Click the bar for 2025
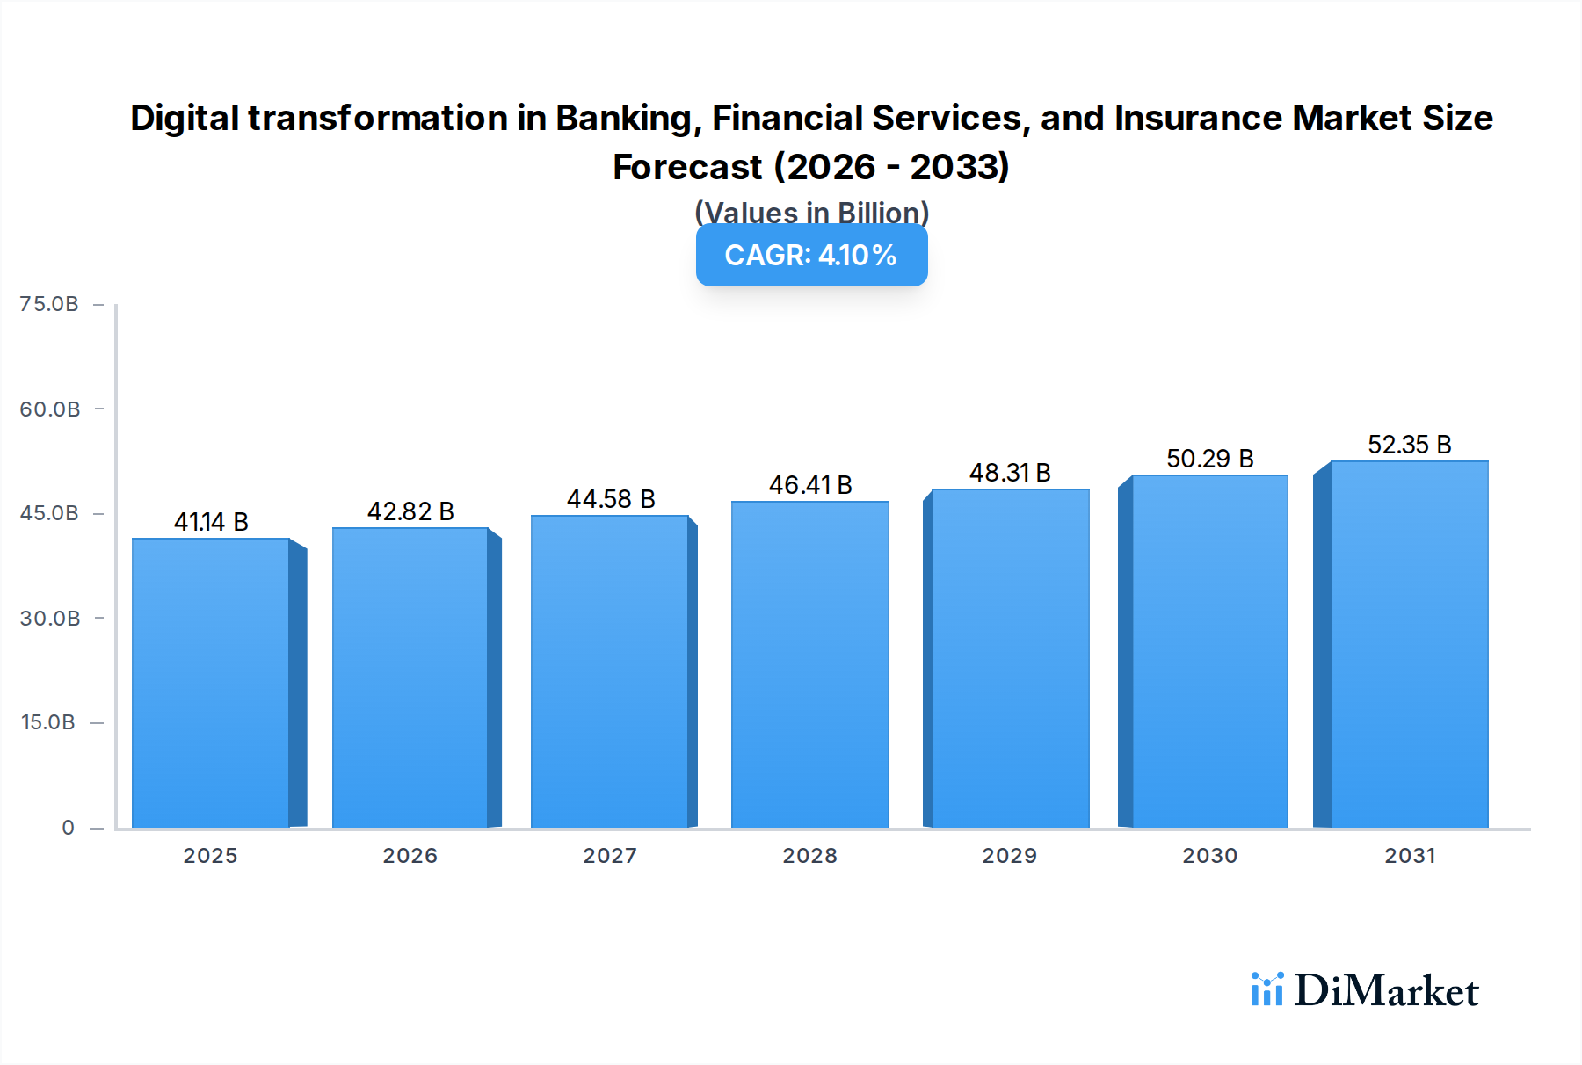coord(211,683)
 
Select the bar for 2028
coord(809,664)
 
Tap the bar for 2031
coord(1409,644)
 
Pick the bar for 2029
coord(1010,658)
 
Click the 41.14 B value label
coord(211,522)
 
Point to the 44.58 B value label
coord(611,499)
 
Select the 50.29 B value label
coord(1209,459)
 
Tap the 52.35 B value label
coord(1409,445)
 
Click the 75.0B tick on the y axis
coord(49,304)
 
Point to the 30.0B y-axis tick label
coord(50,619)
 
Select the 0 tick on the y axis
coord(68,828)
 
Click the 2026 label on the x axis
coord(410,856)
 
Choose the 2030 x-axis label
coord(1209,856)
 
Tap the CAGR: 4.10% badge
coord(811,256)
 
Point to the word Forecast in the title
coord(687,167)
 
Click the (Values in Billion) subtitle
coord(811,212)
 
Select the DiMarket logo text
coord(1386,991)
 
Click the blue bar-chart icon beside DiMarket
coord(1266,989)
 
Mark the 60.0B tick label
coord(50,409)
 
